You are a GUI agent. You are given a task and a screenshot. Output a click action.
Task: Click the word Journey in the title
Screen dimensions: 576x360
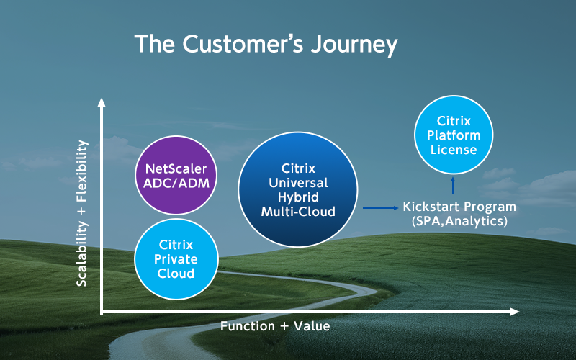[354, 45]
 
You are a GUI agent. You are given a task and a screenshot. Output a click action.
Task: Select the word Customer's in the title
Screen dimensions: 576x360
[243, 43]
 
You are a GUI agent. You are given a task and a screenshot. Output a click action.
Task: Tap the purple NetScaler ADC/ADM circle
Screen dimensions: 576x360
[176, 175]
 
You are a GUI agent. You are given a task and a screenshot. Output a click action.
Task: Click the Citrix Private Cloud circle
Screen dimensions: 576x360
[176, 259]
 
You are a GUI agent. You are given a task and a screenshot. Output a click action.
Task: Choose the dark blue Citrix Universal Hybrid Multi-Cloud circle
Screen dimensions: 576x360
[298, 189]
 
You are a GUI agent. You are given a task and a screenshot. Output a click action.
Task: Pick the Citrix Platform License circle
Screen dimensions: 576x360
[454, 135]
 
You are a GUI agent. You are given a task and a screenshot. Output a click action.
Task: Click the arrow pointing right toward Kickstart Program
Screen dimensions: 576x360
[381, 208]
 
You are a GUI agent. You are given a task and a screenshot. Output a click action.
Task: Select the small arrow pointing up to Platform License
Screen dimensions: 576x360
[453, 185]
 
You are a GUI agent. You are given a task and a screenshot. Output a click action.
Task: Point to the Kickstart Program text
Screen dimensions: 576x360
[459, 207]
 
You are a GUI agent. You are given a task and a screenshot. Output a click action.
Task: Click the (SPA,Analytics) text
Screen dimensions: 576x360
[459, 221]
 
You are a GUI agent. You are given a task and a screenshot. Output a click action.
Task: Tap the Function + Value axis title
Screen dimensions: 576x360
[275, 326]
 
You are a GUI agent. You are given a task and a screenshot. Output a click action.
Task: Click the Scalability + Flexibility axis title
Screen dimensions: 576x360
[81, 213]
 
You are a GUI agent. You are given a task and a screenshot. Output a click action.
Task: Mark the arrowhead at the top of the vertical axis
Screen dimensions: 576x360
[102, 102]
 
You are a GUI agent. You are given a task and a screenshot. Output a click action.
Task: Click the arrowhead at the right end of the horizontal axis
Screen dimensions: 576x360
[514, 312]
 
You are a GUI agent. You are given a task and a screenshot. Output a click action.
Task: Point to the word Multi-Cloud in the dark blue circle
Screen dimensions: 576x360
[298, 212]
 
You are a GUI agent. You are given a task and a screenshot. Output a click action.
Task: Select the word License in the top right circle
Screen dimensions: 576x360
[454, 150]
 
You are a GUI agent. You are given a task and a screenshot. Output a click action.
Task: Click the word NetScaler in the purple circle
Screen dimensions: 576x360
[176, 168]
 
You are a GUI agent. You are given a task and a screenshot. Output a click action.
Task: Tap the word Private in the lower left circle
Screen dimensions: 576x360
[176, 259]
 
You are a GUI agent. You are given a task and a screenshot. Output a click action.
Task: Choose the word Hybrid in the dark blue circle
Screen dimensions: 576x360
[298, 197]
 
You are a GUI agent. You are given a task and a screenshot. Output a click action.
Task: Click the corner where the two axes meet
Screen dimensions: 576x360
[102, 312]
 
